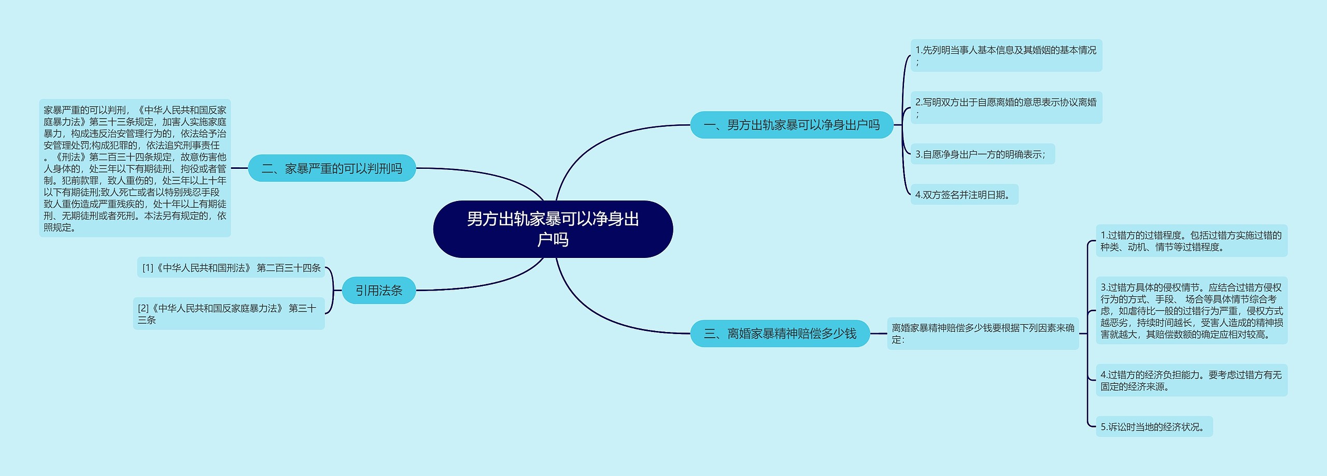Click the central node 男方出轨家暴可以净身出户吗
pos(553,229)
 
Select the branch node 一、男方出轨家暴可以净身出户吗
pos(791,125)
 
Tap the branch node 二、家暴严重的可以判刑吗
pos(332,168)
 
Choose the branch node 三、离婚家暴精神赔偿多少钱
pos(780,334)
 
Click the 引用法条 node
pos(378,291)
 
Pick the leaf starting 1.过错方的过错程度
pos(1191,241)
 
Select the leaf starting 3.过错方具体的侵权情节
pos(1191,311)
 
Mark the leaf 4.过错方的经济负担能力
pos(1191,380)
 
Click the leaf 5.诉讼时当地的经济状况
pos(1154,427)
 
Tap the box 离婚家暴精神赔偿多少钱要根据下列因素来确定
pos(982,334)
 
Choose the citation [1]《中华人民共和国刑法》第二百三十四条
pos(231,268)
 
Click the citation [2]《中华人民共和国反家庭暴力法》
pos(229,314)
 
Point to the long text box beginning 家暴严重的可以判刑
pos(135,168)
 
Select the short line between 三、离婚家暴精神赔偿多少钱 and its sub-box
pos(878,334)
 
